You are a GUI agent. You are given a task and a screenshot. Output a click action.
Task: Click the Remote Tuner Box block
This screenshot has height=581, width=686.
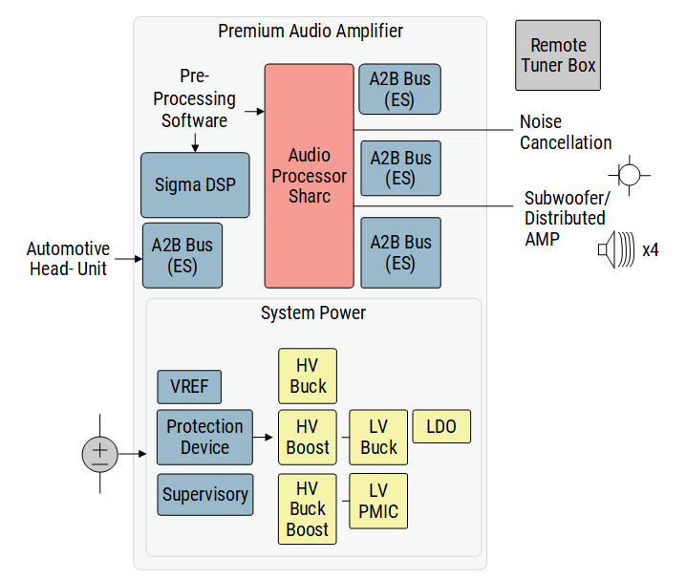[x=558, y=55]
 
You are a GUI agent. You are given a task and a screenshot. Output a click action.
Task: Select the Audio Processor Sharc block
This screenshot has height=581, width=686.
[x=309, y=176]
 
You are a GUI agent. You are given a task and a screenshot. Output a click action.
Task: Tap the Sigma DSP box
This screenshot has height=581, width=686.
[x=195, y=184]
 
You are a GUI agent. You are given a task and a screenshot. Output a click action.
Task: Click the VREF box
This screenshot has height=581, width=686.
[x=189, y=387]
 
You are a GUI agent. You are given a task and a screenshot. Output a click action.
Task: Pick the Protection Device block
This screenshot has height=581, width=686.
[x=204, y=437]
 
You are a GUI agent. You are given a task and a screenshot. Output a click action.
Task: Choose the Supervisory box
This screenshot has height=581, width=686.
[x=204, y=495]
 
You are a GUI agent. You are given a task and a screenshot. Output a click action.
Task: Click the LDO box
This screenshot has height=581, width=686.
[x=441, y=426]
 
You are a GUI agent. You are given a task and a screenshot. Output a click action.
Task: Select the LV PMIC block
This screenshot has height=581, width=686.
[x=378, y=501]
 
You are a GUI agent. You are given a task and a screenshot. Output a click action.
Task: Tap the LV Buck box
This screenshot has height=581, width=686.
[x=378, y=437]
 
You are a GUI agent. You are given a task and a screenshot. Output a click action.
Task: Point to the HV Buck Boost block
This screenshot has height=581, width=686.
[x=308, y=508]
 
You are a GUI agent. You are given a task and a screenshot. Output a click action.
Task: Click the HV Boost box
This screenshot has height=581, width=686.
[x=308, y=437]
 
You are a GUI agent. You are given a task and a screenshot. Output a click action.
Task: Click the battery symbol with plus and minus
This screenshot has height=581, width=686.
[x=99, y=453]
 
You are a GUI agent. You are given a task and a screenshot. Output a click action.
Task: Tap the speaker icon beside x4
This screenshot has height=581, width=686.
[x=617, y=250]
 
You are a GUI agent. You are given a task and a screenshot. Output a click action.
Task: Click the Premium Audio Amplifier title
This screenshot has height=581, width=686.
[x=311, y=31]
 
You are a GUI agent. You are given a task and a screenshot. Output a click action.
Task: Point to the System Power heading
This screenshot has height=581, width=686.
[x=313, y=312]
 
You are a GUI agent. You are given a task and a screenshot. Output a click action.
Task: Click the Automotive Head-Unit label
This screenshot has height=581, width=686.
[x=68, y=259]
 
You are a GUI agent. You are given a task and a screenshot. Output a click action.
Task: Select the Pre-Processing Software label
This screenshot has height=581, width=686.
[x=195, y=98]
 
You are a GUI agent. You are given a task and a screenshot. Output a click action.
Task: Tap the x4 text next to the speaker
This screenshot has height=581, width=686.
[x=651, y=250]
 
